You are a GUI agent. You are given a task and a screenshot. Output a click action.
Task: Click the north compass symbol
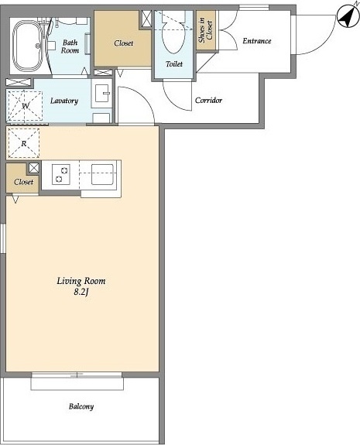348,17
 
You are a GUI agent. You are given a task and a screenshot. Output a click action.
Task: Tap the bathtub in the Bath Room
27,46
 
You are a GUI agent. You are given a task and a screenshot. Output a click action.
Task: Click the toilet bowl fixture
173,35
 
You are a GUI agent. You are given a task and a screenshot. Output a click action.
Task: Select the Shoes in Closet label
206,30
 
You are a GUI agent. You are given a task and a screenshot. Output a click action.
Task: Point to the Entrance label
257,41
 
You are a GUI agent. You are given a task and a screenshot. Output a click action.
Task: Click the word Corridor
209,100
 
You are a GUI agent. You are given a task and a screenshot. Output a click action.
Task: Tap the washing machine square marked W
25,106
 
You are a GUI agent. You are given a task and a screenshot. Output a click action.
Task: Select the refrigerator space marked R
23,143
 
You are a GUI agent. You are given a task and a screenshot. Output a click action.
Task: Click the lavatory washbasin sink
102,93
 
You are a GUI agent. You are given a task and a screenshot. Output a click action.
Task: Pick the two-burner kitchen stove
61,174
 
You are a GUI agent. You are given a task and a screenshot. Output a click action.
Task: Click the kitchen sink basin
102,174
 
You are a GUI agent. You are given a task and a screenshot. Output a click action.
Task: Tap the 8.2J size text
81,292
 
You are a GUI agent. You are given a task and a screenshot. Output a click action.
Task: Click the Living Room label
81,281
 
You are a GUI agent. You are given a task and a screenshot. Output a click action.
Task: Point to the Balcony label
81,406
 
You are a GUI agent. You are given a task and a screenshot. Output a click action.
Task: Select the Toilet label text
174,64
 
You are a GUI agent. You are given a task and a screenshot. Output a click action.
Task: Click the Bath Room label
70,46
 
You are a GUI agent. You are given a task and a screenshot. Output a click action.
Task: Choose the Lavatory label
64,101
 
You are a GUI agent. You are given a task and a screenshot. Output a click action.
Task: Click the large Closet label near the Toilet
124,43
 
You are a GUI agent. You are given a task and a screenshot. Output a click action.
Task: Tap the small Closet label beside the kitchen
23,182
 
